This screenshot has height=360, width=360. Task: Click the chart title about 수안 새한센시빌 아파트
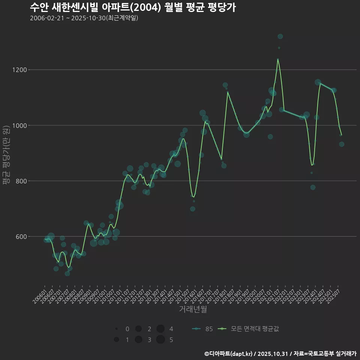click(133, 7)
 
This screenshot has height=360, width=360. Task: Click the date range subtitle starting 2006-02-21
click(84, 18)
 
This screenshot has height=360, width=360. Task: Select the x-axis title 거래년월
click(193, 309)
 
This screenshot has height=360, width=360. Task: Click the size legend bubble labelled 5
click(160, 340)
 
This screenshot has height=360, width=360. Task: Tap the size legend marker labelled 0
click(117, 329)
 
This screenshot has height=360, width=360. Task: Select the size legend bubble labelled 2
click(138, 329)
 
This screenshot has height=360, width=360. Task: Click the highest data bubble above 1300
click(280, 36)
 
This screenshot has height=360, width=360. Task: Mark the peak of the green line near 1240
click(278, 59)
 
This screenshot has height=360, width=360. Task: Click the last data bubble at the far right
click(342, 144)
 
